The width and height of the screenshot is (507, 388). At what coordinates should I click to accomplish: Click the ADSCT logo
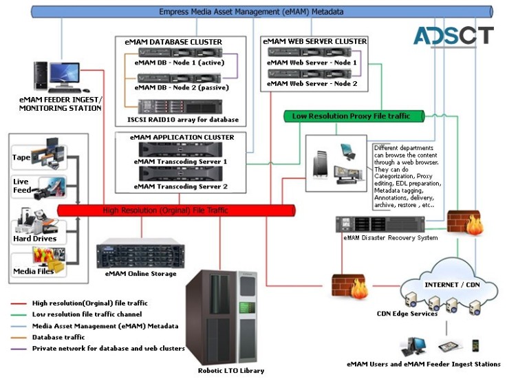coord(454,36)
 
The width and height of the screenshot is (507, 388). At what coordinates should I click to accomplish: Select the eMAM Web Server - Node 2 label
coord(312,83)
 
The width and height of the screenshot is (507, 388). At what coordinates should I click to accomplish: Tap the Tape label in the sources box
coord(21,158)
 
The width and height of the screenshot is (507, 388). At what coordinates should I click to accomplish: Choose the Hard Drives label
coord(34,238)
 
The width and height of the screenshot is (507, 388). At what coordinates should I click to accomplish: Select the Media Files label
coord(34,271)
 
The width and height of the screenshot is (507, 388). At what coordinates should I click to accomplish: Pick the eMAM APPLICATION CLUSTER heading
coord(182,138)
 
